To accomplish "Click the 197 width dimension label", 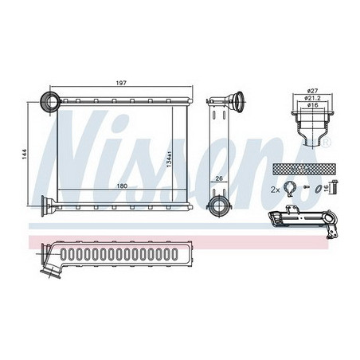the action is pos(121,83).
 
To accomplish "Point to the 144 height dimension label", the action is pos(25,155).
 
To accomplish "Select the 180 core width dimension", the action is pos(122,186).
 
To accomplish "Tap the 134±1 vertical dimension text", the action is pos(169,159).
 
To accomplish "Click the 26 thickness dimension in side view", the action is pos(219,178).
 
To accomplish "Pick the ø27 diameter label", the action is pos(312,91).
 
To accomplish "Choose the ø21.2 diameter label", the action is pos(312,98).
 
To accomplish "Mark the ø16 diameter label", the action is pos(312,105).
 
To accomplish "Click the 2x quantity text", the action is pos(276,190).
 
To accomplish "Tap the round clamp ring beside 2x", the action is pos(289,189).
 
